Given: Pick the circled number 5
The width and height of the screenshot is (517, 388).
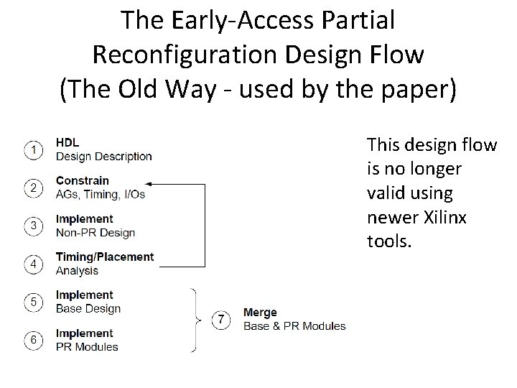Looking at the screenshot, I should [33, 302].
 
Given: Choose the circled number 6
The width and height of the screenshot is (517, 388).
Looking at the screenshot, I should [33, 340].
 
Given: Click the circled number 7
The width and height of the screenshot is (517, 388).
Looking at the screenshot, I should [222, 319].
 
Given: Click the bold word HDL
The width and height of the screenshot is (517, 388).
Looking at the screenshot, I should [67, 143].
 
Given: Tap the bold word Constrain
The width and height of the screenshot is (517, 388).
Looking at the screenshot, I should [82, 180].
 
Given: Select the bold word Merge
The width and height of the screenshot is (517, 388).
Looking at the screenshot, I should [260, 313].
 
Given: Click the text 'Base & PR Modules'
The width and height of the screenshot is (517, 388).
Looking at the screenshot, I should [294, 326].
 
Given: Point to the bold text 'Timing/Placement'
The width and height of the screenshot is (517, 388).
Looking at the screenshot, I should [104, 257].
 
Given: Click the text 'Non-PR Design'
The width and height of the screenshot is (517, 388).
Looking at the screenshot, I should [95, 233].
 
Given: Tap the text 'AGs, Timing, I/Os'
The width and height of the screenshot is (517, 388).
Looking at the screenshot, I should [100, 194].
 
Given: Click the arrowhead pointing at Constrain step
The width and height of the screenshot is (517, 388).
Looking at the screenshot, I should [149, 185].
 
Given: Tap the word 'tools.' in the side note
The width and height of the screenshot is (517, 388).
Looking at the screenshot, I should [389, 241].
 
